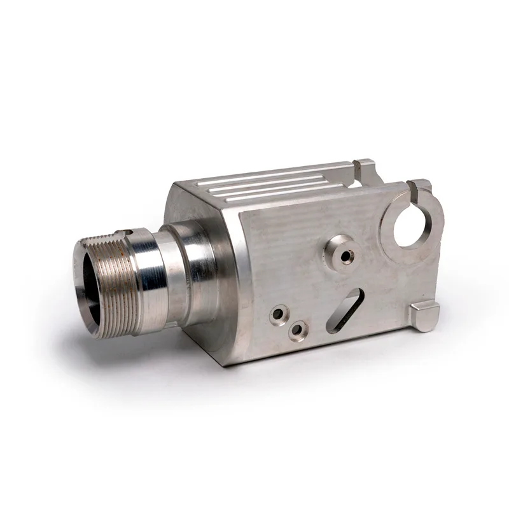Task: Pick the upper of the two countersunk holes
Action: pos(278,314)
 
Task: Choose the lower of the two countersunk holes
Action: pos(296,331)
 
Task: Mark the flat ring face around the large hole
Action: pos(391,245)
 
